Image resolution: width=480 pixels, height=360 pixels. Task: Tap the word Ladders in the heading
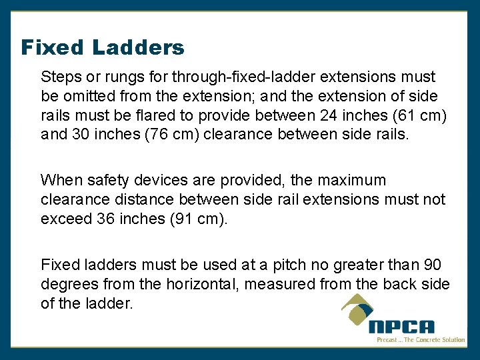click(138, 48)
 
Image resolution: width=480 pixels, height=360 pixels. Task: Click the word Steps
click(60, 77)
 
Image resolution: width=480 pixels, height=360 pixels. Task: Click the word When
click(59, 180)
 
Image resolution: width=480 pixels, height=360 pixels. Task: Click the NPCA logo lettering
click(402, 327)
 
